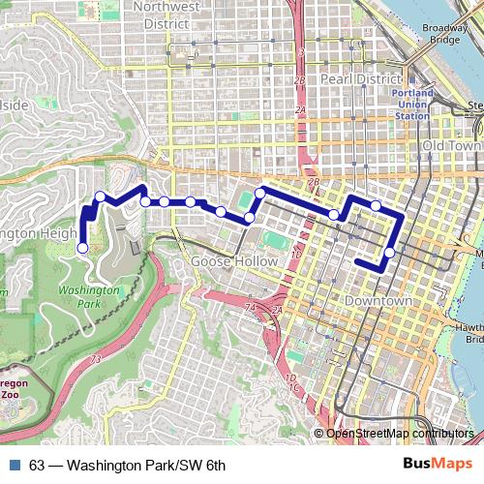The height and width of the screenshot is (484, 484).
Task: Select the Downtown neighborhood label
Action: pyautogui.click(x=378, y=301)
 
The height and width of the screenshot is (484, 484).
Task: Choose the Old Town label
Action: pyautogui.click(x=451, y=145)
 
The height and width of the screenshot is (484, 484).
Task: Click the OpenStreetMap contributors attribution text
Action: pyautogui.click(x=400, y=433)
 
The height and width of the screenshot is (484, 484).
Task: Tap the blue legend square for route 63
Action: pyautogui.click(x=13, y=465)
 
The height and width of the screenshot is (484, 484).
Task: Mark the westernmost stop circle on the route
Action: pyautogui.click(x=82, y=248)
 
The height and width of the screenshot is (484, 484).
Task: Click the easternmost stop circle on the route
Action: pyautogui.click(x=389, y=254)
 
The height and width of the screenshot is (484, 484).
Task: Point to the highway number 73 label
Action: pyautogui.click(x=95, y=360)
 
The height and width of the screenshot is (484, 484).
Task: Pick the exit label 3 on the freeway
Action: pyautogui.click(x=302, y=50)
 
